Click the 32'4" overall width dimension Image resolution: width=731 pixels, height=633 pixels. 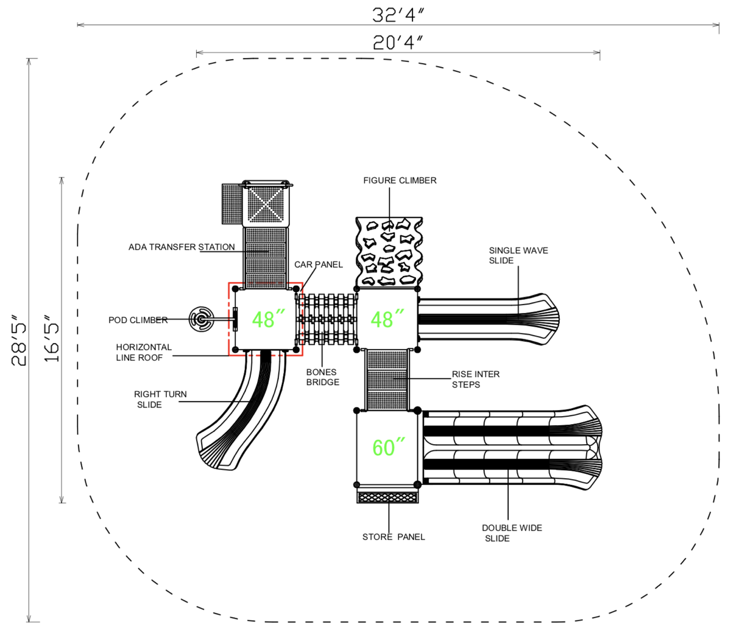tap(398, 15)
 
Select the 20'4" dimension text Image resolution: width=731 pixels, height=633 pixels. tap(398, 43)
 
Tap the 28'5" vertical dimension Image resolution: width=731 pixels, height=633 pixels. tap(19, 340)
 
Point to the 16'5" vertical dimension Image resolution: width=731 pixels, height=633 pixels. tap(51, 338)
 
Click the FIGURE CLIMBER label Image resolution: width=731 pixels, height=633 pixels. tap(400, 180)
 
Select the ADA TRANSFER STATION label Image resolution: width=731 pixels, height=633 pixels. tap(182, 247)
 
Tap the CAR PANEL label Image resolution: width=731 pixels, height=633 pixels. tap(318, 264)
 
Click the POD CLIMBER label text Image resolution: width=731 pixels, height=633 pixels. tap(138, 320)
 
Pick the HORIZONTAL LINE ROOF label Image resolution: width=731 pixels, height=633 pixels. tap(144, 352)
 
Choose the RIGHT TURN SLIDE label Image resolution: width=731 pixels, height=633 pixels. tap(160, 399)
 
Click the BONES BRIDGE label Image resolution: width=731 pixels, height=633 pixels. tap(322, 377)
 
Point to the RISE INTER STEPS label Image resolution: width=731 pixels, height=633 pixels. tap(476, 379)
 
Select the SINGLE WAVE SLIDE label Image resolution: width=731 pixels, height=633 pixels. tap(518, 255)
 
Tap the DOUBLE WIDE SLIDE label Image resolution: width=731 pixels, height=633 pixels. tap(512, 533)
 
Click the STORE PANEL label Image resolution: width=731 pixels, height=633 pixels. tap(394, 537)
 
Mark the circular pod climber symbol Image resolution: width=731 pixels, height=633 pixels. tap(201, 319)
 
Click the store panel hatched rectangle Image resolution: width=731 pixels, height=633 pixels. tap(388, 498)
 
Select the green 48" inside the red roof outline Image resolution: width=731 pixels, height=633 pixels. tap(269, 319)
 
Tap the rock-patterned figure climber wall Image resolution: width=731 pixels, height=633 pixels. tap(389, 252)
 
